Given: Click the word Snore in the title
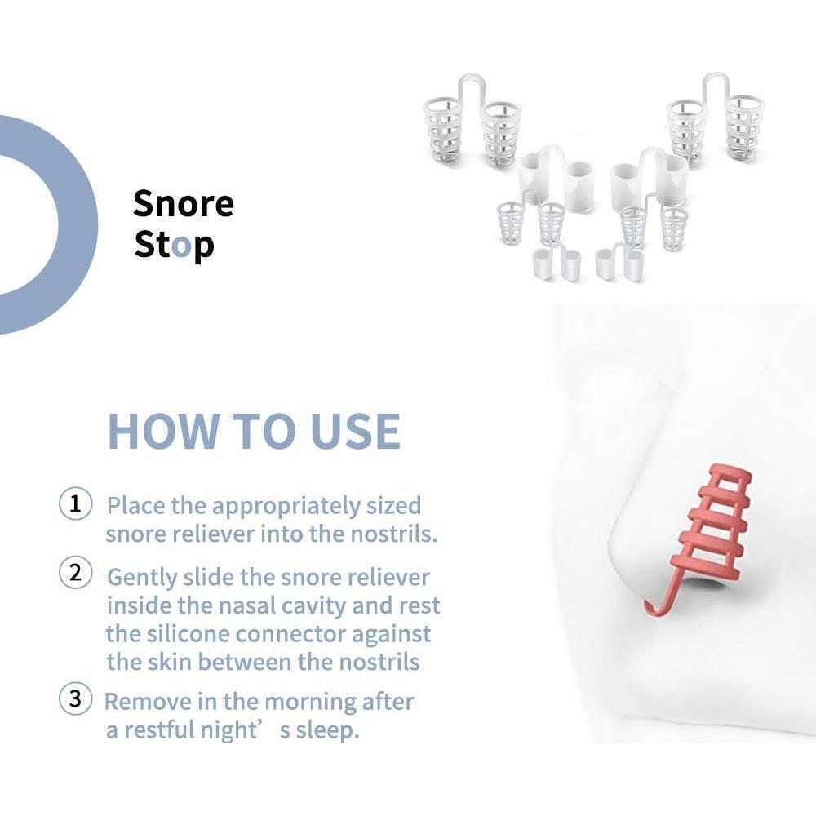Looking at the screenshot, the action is pos(183,203).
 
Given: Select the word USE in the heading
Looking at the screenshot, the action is pos(356,432).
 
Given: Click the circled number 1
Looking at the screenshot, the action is pos(75,504).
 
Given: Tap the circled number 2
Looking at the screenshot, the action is pos(75,573).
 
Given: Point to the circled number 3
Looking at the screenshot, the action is pos(75,698).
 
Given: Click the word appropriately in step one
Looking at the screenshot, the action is pos(286,507).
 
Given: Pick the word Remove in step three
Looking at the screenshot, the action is pos(148,702).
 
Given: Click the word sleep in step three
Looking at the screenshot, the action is pos(328,730).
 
